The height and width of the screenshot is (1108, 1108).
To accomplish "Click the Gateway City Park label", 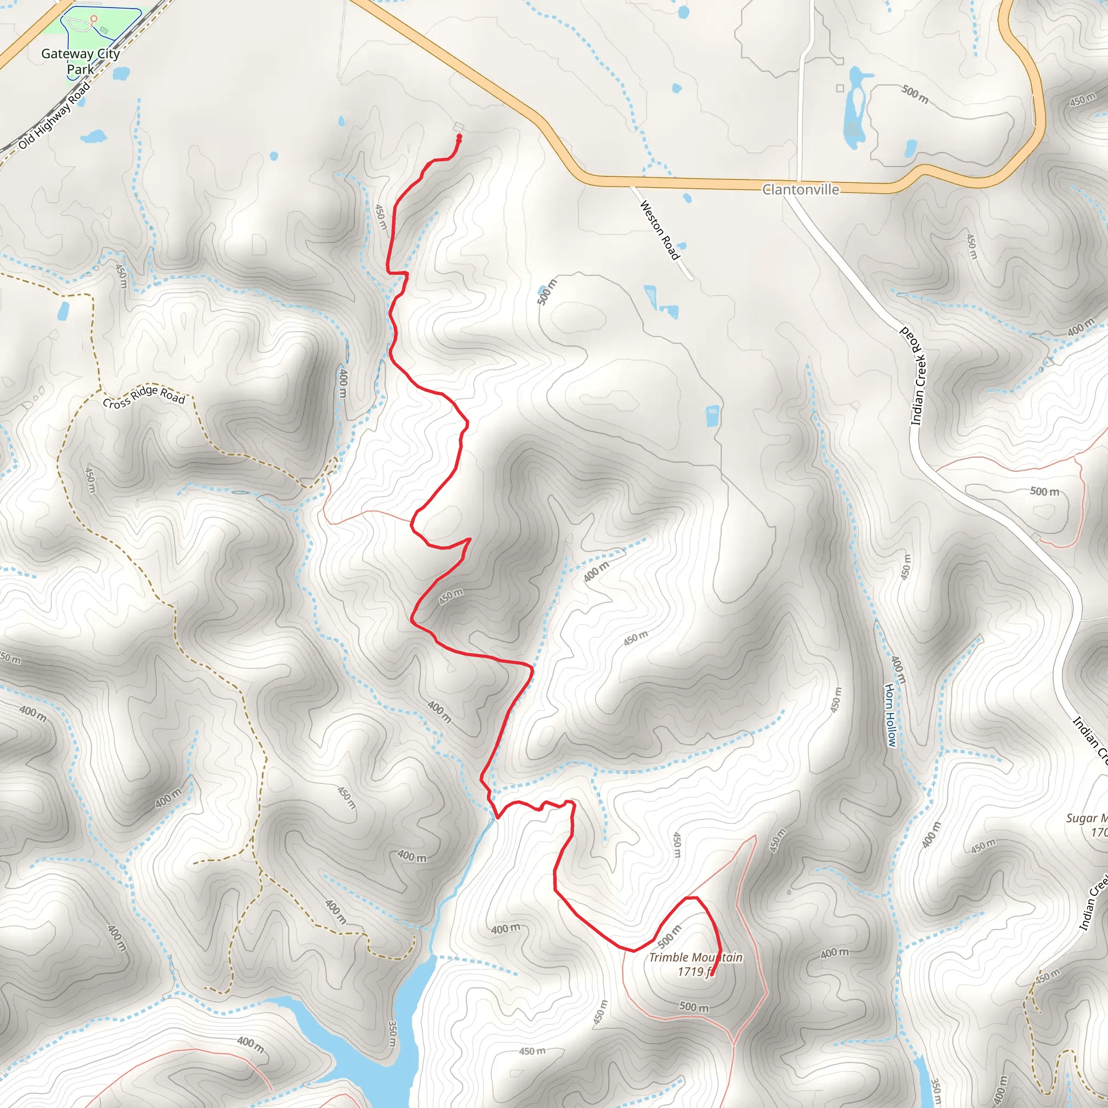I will pos(80,61).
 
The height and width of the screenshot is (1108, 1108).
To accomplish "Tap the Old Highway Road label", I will pos(55,115).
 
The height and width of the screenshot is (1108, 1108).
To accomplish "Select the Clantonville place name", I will pos(800,190).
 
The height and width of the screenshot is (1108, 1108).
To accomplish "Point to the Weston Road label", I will pos(659,229).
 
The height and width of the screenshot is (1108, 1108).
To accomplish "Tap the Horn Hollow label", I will pos(890,715).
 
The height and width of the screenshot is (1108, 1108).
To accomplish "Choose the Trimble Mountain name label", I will pos(696,957).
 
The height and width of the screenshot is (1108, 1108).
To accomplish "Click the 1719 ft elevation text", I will pos(695,972).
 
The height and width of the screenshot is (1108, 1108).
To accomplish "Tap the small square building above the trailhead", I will pos(458,127).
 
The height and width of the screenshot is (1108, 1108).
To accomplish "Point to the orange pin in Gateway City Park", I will pos(94,19).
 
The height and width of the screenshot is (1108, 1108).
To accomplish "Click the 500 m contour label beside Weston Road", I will pos(547,292).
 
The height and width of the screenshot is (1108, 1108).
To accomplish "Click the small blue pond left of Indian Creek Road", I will pos(713,416).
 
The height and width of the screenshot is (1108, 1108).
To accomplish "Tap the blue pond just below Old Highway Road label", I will pos(93,136).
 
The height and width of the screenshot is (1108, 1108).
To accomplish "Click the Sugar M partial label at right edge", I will pos(1086,818).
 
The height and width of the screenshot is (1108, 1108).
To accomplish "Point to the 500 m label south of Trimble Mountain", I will pos(694,1007).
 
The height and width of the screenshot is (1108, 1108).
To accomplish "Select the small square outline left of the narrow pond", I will pos(840,88).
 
